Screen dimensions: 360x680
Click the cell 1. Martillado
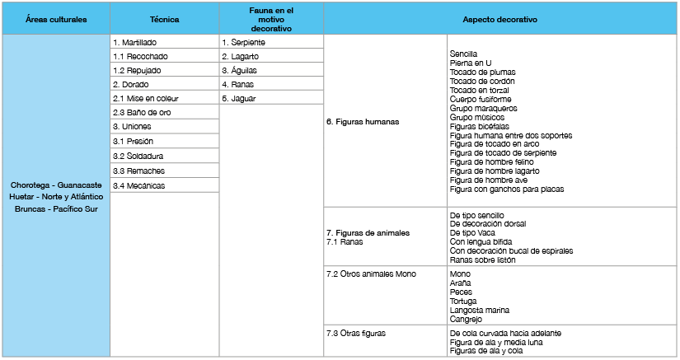tap(135, 42)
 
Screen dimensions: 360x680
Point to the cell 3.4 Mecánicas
tap(139, 185)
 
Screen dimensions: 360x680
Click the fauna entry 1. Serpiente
tap(243, 42)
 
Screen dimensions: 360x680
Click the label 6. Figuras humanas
tap(363, 122)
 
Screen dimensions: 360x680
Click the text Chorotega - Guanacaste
tap(55, 185)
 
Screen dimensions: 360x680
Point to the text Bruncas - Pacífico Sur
tap(55, 208)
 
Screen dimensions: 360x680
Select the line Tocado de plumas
tap(481, 72)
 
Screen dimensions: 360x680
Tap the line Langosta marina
tap(479, 310)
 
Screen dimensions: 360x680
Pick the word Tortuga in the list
tap(464, 301)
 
